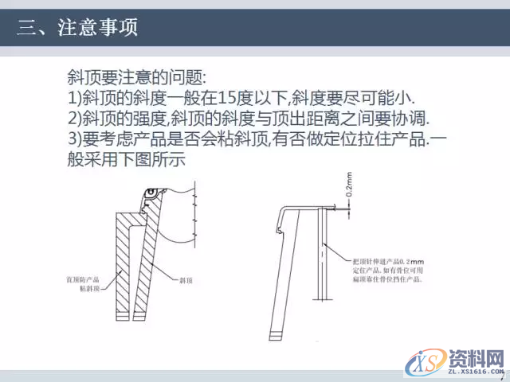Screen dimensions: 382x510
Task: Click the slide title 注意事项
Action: (x=98, y=29)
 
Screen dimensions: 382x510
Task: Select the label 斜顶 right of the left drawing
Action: (x=188, y=281)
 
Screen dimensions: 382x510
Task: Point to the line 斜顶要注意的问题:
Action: (x=137, y=78)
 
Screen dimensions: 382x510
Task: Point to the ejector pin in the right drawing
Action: (x=320, y=255)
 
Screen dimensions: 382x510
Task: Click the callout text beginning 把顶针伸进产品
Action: (x=389, y=261)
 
